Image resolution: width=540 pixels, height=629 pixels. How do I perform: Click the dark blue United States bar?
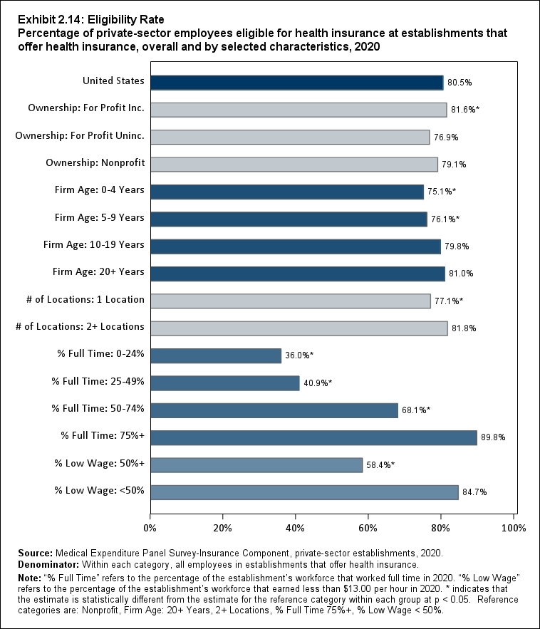point(296,83)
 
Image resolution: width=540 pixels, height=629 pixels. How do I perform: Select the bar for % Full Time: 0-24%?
point(216,355)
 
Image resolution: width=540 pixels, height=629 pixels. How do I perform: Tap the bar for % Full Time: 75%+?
point(313,437)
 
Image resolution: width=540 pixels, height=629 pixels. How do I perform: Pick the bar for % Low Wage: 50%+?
point(256,464)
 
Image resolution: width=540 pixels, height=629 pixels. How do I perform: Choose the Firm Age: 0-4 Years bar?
point(287,192)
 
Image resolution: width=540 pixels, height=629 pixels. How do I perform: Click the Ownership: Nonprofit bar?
point(294,165)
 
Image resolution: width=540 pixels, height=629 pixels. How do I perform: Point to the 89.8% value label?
point(492,437)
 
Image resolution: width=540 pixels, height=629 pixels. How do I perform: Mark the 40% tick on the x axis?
point(296,529)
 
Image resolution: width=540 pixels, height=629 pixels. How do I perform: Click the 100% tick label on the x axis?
point(513,529)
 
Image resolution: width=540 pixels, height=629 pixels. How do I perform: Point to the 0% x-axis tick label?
point(150,529)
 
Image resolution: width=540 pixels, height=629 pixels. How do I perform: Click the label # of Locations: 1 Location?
point(80,299)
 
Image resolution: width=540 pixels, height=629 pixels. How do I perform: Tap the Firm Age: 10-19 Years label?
point(94,244)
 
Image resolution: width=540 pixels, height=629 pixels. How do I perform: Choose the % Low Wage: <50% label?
point(99,490)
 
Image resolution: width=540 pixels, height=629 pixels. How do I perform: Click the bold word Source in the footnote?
point(33,553)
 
